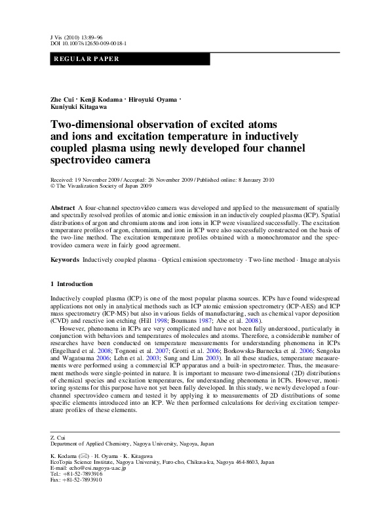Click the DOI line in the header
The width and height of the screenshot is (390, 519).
(x=88, y=43)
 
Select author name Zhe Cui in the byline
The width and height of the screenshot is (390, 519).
(x=62, y=99)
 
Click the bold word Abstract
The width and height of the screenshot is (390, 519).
(x=63, y=207)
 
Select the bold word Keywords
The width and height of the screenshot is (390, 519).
(x=66, y=260)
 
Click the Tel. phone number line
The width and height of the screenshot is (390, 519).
(x=76, y=473)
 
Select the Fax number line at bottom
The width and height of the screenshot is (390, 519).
(x=76, y=480)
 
